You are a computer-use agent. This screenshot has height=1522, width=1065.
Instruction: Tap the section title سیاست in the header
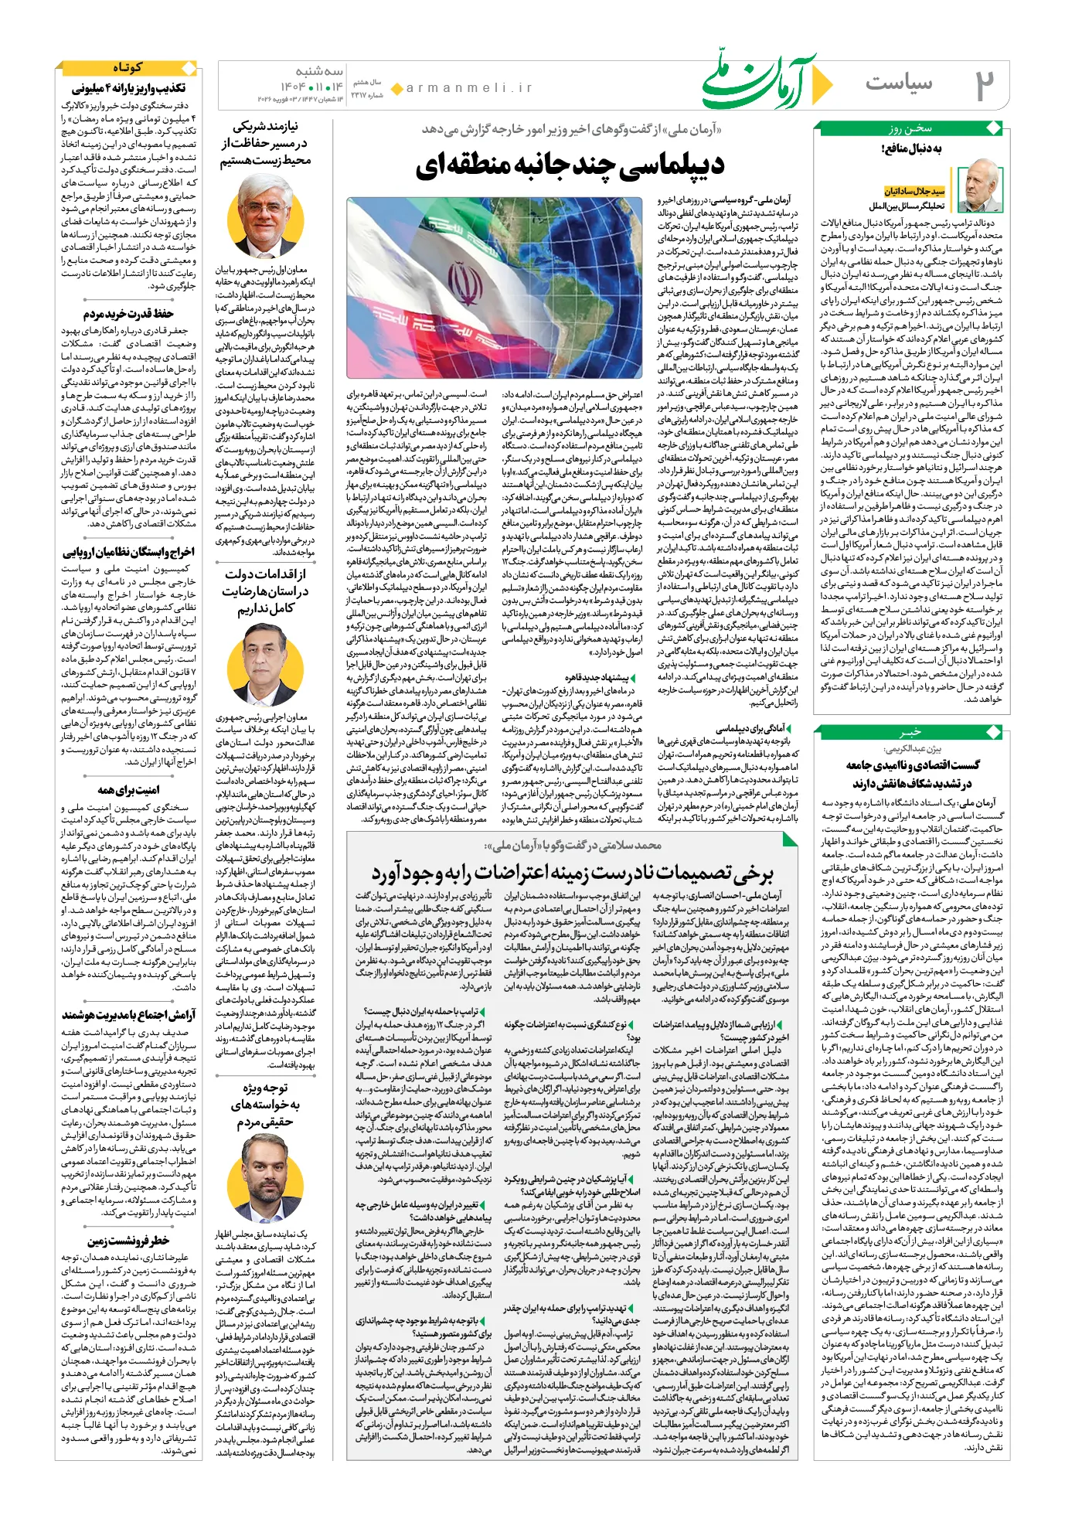tap(899, 83)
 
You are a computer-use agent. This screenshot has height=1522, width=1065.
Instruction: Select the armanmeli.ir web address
tap(470, 88)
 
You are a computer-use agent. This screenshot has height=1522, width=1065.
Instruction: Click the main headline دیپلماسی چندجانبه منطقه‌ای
tap(570, 165)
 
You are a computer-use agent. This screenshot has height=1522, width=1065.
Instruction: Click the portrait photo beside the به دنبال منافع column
tap(978, 187)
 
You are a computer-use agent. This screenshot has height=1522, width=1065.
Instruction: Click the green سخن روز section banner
tap(910, 129)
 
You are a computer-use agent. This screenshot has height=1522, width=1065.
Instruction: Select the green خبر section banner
tap(910, 732)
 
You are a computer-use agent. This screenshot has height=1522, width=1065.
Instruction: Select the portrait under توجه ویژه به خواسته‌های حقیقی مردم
tap(265, 1179)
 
